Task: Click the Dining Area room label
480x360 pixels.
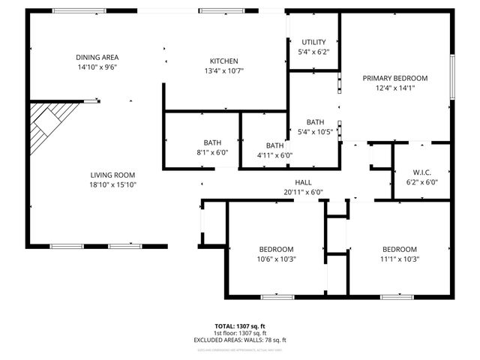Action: [97, 57]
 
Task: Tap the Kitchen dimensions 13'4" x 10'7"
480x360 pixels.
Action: [223, 71]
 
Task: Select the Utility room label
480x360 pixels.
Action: [314, 42]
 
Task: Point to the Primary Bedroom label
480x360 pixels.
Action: [394, 78]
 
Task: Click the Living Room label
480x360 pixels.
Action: [112, 175]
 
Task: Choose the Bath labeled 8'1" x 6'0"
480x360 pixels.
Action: [212, 142]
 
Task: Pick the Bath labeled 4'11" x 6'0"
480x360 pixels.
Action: [274, 145]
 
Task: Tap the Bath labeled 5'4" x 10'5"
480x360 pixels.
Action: [315, 121]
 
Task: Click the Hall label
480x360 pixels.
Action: [303, 182]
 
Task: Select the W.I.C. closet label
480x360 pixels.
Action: [421, 171]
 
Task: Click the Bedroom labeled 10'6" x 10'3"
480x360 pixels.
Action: [276, 249]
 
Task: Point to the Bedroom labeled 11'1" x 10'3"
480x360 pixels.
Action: [399, 249]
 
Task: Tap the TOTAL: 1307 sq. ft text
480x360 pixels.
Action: [239, 326]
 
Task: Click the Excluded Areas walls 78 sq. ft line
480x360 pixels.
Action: [239, 340]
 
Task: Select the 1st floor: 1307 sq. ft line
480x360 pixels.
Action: [239, 333]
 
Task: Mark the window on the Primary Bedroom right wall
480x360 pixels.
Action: [451, 76]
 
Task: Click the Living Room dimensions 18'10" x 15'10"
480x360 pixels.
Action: [112, 184]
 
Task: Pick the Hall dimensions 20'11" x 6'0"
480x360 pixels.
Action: [303, 192]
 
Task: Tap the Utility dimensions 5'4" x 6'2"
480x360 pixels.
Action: [314, 52]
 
